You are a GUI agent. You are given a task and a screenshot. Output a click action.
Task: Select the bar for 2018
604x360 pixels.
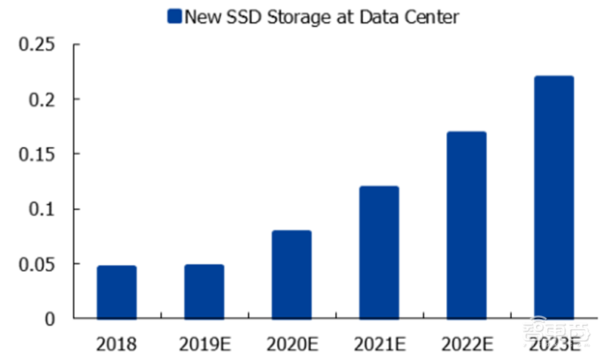tap(117, 292)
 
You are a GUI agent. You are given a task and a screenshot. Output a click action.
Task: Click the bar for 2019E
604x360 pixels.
tap(205, 291)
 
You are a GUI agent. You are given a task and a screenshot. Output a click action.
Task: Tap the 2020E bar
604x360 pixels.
tap(291, 275)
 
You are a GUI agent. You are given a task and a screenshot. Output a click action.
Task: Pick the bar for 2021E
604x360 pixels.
tap(379, 253)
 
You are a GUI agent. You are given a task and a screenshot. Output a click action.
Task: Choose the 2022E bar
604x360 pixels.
tap(467, 225)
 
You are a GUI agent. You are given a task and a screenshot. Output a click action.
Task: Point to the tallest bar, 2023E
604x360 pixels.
tap(554, 198)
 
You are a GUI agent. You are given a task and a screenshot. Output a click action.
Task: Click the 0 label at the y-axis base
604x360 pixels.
tap(50, 319)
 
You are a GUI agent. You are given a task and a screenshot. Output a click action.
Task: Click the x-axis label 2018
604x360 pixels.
tap(117, 345)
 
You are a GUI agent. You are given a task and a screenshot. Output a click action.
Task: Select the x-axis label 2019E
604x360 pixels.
tap(205, 345)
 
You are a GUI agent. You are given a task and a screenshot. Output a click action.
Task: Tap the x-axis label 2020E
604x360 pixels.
tap(291, 345)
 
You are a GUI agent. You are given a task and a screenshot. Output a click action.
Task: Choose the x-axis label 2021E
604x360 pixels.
tap(379, 345)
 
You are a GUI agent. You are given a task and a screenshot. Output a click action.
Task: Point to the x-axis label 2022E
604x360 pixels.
tap(467, 345)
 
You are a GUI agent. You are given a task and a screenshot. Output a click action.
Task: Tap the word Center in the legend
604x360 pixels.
tap(433, 16)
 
